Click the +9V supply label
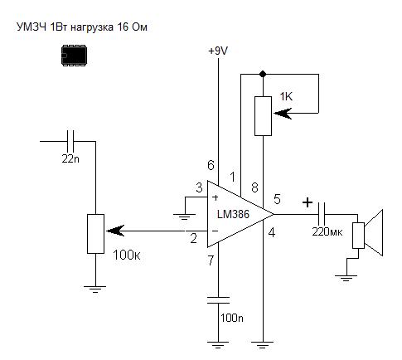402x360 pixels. coord(218,51)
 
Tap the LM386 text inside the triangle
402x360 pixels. coord(233,214)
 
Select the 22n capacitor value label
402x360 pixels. coord(70,158)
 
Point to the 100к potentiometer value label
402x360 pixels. coord(127,255)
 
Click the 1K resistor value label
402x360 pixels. coord(286,97)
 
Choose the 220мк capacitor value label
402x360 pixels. coord(327,231)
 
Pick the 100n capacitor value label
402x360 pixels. coord(232,318)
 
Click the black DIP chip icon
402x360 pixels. coord(74,56)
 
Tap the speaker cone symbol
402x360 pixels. coord(373,232)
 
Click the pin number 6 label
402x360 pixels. coord(211,165)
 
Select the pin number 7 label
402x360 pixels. coord(211,260)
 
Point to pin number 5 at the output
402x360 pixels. coord(277,199)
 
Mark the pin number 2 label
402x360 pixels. coord(194,238)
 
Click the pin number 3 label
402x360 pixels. coord(199,187)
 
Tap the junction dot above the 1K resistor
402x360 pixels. coord(263,74)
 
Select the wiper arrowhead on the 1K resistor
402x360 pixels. coord(283,113)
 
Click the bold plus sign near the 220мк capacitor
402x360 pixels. coord(308,202)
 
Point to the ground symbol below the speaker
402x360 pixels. coord(346,277)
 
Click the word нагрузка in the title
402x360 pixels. coord(92,27)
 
